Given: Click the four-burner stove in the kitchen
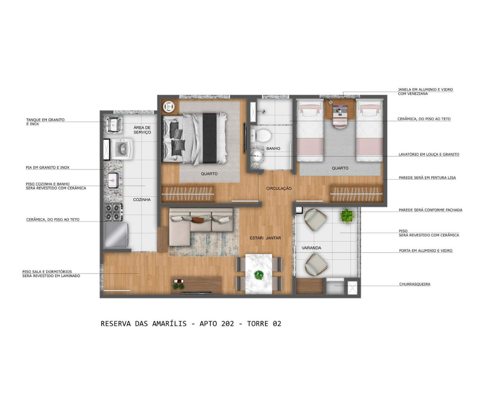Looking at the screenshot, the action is pyautogui.click(x=114, y=212).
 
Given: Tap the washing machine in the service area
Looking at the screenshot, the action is pyautogui.click(x=122, y=149).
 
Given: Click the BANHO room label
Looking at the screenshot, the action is pyautogui.click(x=273, y=149).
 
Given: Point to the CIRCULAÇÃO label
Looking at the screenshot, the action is pyautogui.click(x=279, y=188).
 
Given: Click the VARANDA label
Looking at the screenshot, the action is pyautogui.click(x=311, y=248).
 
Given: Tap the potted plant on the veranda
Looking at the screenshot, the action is pyautogui.click(x=347, y=215).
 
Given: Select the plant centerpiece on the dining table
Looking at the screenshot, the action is pyautogui.click(x=259, y=275).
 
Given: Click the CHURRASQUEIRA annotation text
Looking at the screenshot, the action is pyautogui.click(x=415, y=284).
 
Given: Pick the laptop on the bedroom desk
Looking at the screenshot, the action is pyautogui.click(x=340, y=110).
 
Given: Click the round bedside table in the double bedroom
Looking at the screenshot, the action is pyautogui.click(x=169, y=107).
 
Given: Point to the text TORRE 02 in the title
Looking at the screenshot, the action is pyautogui.click(x=264, y=324).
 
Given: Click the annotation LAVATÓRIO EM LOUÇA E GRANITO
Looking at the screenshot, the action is pyautogui.click(x=429, y=154).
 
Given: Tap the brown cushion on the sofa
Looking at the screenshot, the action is pyautogui.click(x=197, y=219).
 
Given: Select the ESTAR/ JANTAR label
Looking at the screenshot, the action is pyautogui.click(x=265, y=238).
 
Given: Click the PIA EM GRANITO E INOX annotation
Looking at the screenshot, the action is pyautogui.click(x=47, y=168).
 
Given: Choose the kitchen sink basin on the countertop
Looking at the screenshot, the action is pyautogui.click(x=113, y=180).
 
